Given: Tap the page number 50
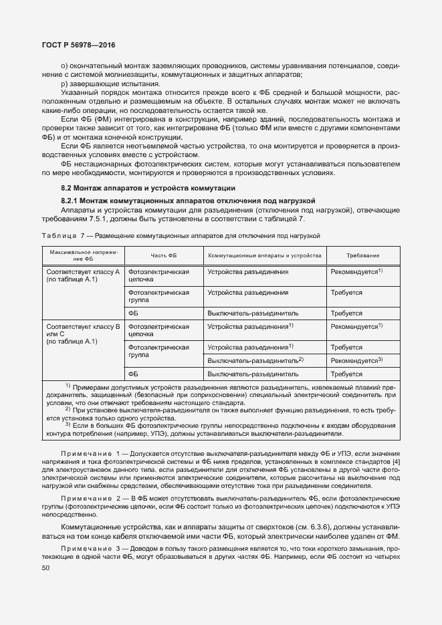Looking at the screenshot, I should [45, 568].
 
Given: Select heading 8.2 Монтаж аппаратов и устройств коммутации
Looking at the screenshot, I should [148, 188].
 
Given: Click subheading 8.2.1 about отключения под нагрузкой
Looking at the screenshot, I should [188, 201].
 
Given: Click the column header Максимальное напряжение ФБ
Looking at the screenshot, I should [83, 255].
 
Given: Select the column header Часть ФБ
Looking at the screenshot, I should [163, 255].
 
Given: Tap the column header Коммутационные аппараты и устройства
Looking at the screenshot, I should [265, 255].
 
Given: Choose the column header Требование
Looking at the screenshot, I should [363, 255].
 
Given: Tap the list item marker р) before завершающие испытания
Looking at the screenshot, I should [64, 84].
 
